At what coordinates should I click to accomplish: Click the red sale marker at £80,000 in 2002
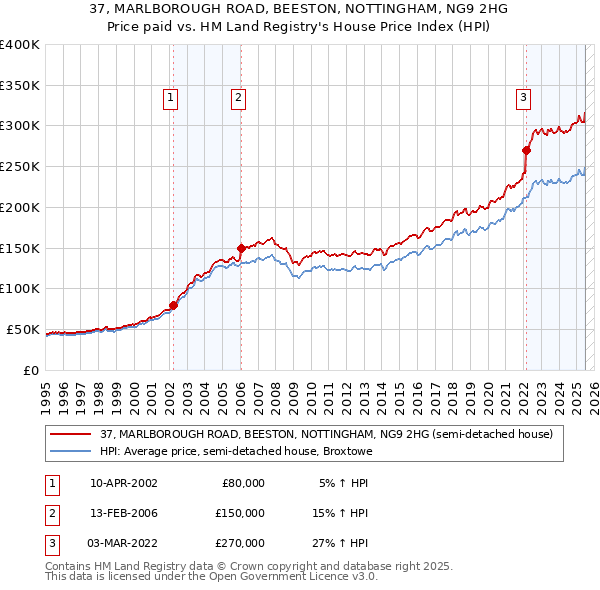click(x=173, y=305)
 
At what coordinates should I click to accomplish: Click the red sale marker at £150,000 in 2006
click(x=241, y=248)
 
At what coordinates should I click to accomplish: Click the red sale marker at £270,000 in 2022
click(x=526, y=150)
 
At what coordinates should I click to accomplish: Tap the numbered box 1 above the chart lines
click(x=171, y=98)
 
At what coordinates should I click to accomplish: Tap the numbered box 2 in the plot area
click(x=239, y=98)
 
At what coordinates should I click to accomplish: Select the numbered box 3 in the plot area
click(x=523, y=98)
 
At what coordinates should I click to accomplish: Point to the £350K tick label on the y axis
click(x=20, y=85)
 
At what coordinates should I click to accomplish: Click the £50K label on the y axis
click(x=24, y=329)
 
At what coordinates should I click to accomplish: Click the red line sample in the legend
click(x=71, y=434)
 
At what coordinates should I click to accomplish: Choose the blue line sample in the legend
click(x=71, y=451)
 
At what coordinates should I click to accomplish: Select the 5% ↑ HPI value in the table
click(x=343, y=483)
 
